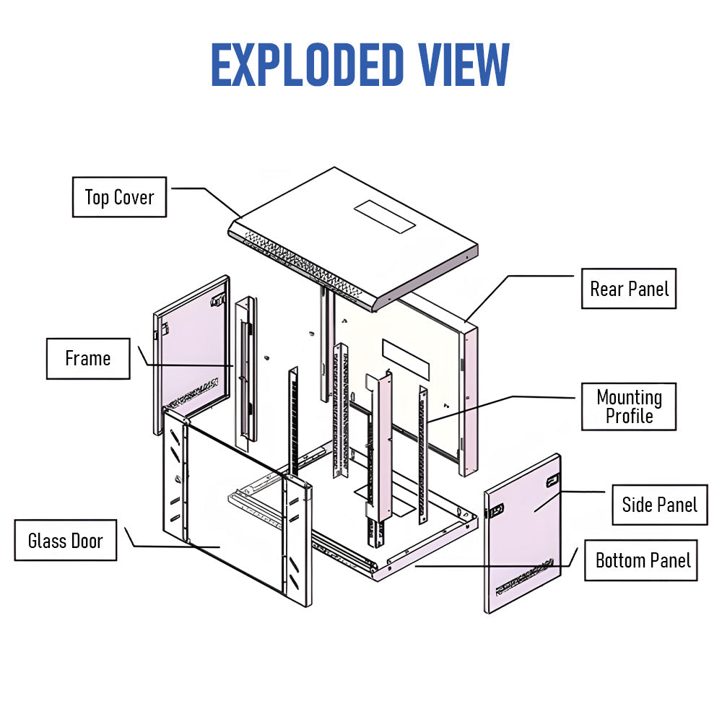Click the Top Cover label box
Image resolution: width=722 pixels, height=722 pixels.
[x=119, y=197]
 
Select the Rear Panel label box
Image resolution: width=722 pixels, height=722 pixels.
[x=629, y=289]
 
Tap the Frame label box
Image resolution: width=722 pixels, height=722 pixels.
[x=88, y=358]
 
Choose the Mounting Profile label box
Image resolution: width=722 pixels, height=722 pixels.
[x=629, y=406]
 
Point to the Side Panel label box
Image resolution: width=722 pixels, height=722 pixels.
[x=659, y=504]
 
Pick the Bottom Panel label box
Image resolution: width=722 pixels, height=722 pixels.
[x=643, y=560]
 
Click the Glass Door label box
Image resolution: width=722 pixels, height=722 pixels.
[x=65, y=540]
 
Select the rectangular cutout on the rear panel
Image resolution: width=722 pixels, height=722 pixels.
[x=406, y=360]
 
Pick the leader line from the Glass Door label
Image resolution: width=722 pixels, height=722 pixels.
[x=173, y=546]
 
